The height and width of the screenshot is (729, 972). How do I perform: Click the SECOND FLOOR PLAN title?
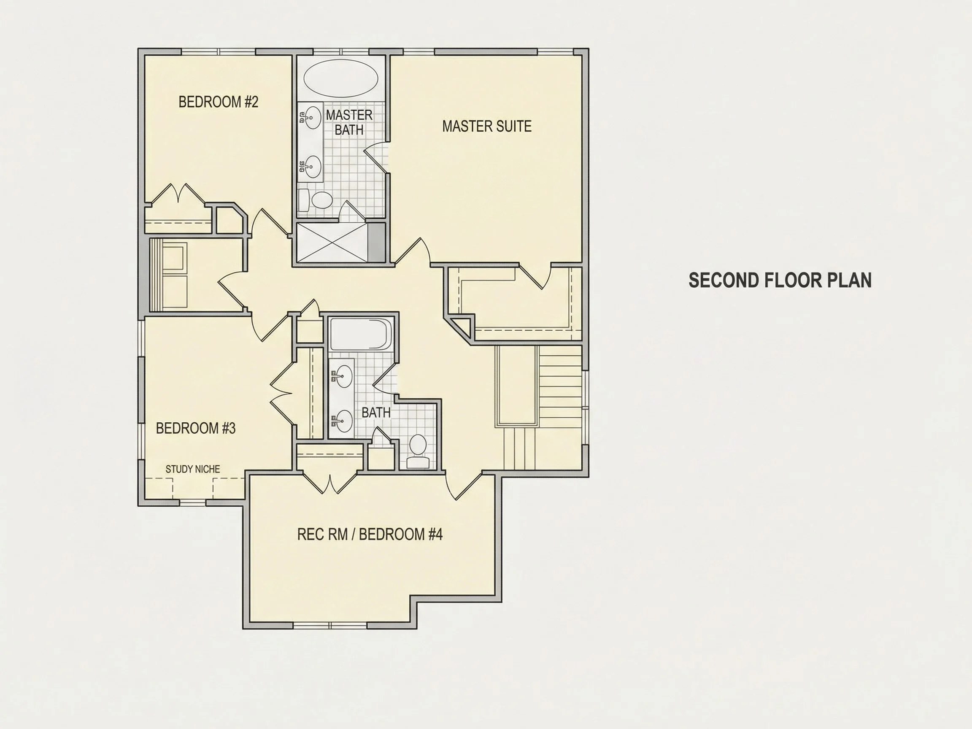780,281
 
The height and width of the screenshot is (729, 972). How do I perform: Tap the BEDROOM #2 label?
219,102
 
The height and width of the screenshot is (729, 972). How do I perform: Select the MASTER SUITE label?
487,127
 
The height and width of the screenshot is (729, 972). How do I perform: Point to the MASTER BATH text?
349,123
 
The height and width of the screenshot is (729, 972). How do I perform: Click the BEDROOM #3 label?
196,428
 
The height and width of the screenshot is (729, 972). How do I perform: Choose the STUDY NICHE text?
193,469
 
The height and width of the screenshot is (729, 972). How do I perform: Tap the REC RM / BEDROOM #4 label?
370,535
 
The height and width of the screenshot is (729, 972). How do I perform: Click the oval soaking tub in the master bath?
341,78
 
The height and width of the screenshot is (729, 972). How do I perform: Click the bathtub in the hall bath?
361,334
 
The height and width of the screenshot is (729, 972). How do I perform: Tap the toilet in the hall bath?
418,451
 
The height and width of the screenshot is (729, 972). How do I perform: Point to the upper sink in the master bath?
313,117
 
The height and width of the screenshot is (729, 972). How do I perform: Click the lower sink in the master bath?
313,167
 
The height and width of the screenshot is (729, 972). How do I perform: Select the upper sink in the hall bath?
343,376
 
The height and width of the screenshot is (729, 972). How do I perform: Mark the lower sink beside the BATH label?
343,421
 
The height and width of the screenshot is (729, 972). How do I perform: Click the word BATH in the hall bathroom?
376,413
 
